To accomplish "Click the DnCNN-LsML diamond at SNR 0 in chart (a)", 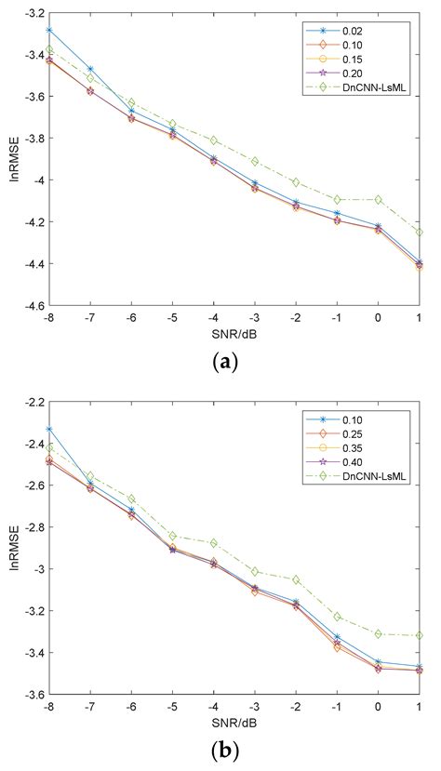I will [x=377, y=199].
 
